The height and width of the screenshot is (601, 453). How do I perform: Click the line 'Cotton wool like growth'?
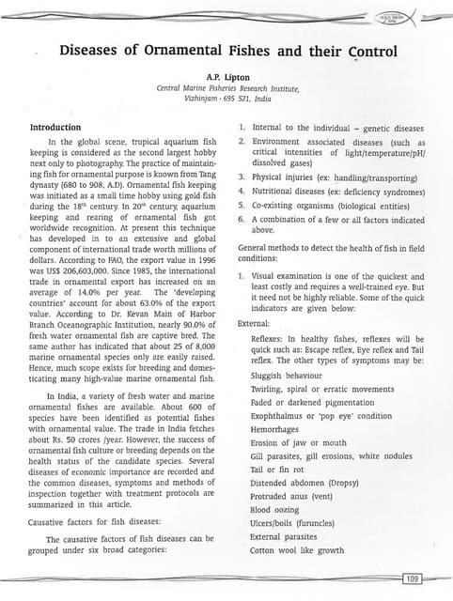297,550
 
